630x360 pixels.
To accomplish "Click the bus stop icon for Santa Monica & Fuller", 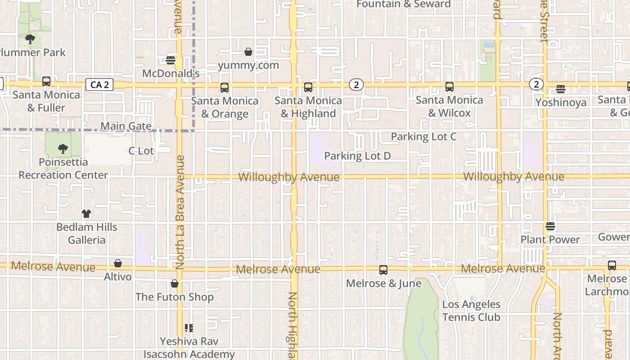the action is [46, 81].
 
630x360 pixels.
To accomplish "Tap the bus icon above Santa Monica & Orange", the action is [225, 88].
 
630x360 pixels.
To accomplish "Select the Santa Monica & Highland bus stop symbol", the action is [308, 87].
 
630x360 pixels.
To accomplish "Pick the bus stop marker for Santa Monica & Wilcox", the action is [449, 87].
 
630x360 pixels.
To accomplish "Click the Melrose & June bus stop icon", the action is [383, 270].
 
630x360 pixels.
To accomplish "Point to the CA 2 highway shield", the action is [99, 85].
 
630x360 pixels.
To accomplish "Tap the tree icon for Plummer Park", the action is [30, 39].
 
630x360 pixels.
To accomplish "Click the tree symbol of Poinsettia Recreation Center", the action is [63, 148].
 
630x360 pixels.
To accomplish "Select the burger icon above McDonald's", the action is [171, 60].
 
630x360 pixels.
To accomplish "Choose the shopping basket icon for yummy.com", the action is [248, 52].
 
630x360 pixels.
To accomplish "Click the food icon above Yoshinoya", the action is [561, 89].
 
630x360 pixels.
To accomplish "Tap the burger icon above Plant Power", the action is [550, 226].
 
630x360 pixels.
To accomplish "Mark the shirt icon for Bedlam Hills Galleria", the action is [86, 214].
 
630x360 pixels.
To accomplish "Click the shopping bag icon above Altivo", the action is [118, 263].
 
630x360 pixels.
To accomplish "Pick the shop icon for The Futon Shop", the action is [175, 283].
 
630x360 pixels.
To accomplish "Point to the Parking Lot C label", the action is [423, 136].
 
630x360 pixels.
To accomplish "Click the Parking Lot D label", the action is [357, 156].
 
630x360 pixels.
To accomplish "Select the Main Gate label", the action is [126, 126].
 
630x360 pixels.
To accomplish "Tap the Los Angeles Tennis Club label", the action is [471, 311].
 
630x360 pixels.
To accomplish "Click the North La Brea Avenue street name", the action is [180, 212].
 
